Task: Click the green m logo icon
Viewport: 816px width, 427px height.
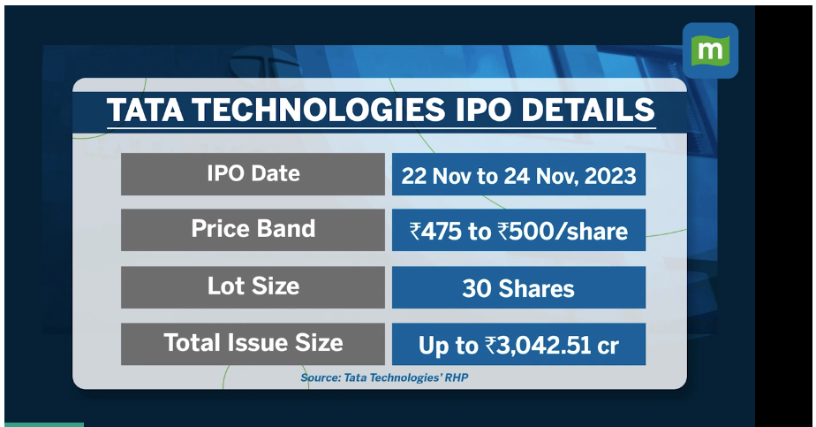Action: click(x=710, y=50)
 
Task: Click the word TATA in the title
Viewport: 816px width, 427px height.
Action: click(x=145, y=110)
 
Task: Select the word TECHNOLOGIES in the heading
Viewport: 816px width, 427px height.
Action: click(x=319, y=110)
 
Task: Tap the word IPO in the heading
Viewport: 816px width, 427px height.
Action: click(x=483, y=110)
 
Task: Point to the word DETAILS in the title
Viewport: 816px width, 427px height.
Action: click(x=587, y=110)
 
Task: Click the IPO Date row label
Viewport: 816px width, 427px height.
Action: click(x=253, y=174)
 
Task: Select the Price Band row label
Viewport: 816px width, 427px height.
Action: click(x=253, y=230)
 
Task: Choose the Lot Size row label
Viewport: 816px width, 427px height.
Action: click(x=253, y=287)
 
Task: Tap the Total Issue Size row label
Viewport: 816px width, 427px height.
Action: click(x=253, y=344)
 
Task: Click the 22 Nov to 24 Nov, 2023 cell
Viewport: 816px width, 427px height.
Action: click(x=518, y=174)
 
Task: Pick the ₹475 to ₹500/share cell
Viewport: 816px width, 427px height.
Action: click(x=518, y=230)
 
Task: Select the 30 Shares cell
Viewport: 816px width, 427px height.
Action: click(x=518, y=287)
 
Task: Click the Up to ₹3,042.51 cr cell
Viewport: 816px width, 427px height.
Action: click(x=518, y=344)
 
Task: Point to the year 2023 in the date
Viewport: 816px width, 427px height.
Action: click(x=610, y=176)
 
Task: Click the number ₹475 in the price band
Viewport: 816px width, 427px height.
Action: click(x=435, y=232)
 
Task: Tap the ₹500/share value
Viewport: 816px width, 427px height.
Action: click(x=563, y=232)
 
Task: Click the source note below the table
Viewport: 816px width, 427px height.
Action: click(x=384, y=377)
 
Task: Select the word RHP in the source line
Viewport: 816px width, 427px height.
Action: click(x=457, y=377)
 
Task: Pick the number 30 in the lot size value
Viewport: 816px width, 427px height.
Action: click(x=477, y=289)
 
